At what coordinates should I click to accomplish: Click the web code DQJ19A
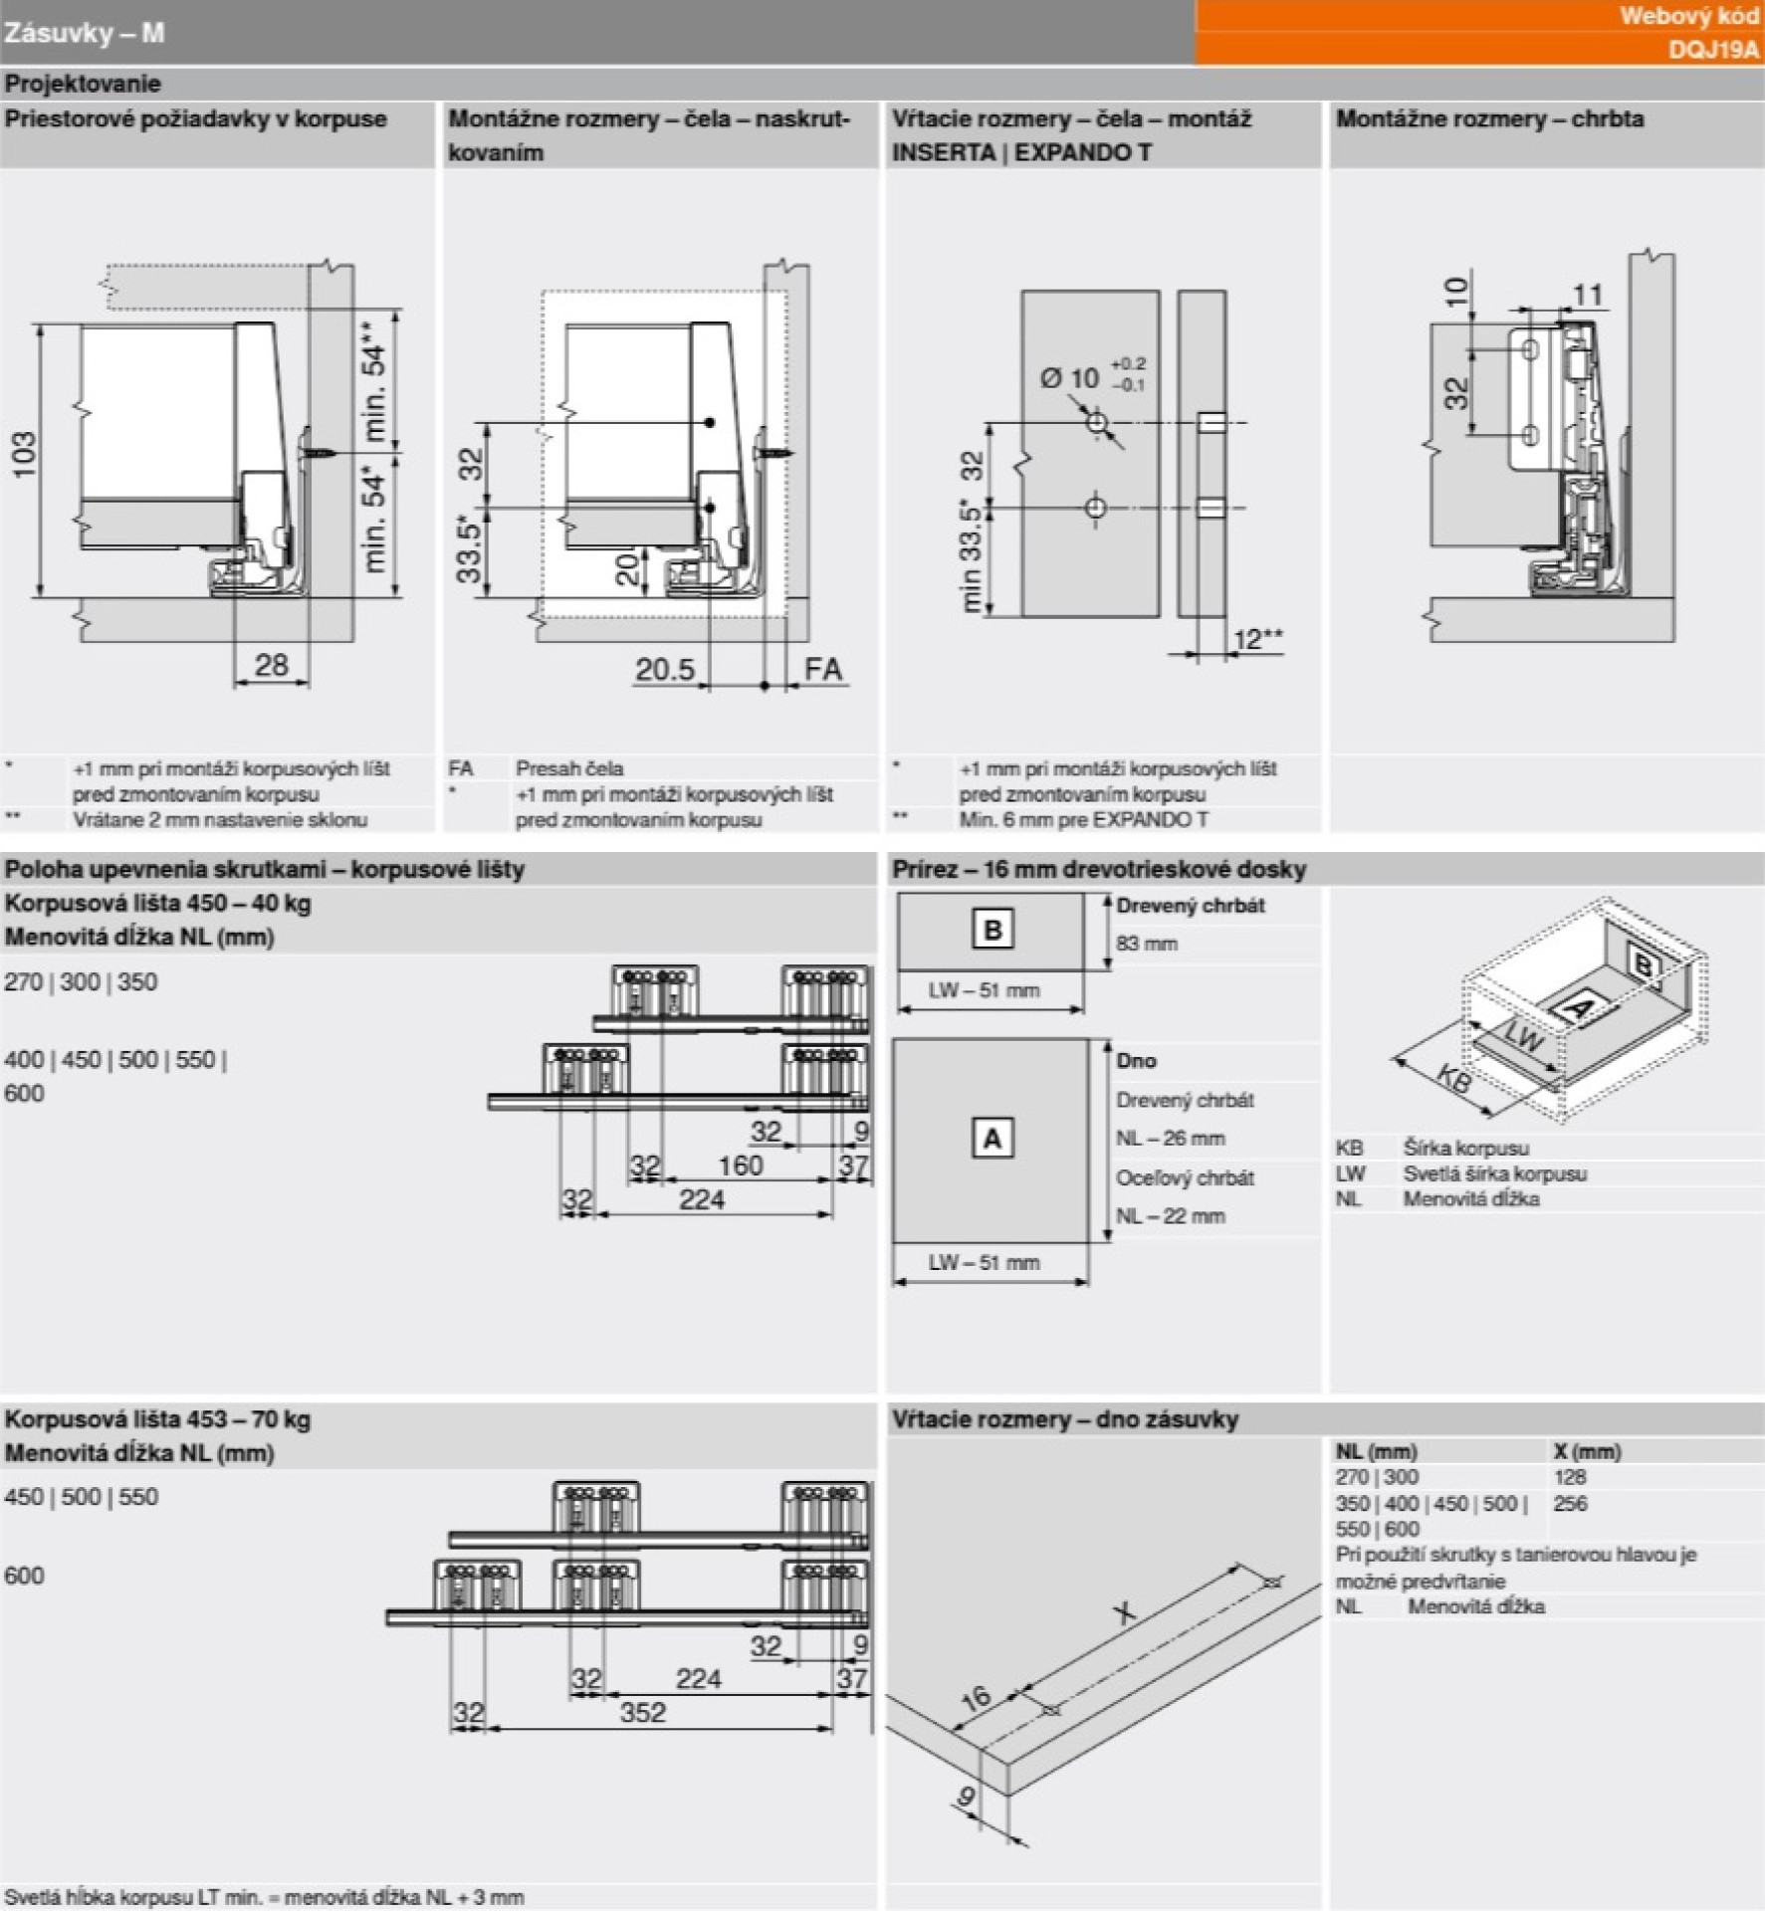click(x=1712, y=49)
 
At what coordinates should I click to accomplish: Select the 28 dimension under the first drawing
click(x=271, y=664)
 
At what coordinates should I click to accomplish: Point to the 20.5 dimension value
click(x=665, y=668)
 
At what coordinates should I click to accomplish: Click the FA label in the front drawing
click(x=823, y=668)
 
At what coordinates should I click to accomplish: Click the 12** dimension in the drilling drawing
click(x=1257, y=638)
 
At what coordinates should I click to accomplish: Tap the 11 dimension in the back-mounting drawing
click(x=1587, y=295)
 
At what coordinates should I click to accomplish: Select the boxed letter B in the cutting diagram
click(x=993, y=930)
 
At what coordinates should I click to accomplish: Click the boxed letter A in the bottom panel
click(x=993, y=1138)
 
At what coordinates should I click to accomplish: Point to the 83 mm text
click(x=1147, y=943)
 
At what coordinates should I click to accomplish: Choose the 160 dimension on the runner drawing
click(x=740, y=1165)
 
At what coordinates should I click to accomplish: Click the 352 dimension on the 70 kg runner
click(x=642, y=1712)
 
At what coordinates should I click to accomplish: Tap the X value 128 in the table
click(x=1570, y=1477)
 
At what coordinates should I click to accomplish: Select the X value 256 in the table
click(x=1570, y=1503)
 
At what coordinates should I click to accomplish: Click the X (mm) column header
click(x=1587, y=1451)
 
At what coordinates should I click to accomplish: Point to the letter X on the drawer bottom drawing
click(x=1124, y=1611)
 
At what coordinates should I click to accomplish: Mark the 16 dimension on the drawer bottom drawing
click(x=976, y=1697)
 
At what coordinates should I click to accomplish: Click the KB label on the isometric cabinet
click(x=1454, y=1079)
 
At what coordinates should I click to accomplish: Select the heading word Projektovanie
click(x=83, y=84)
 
